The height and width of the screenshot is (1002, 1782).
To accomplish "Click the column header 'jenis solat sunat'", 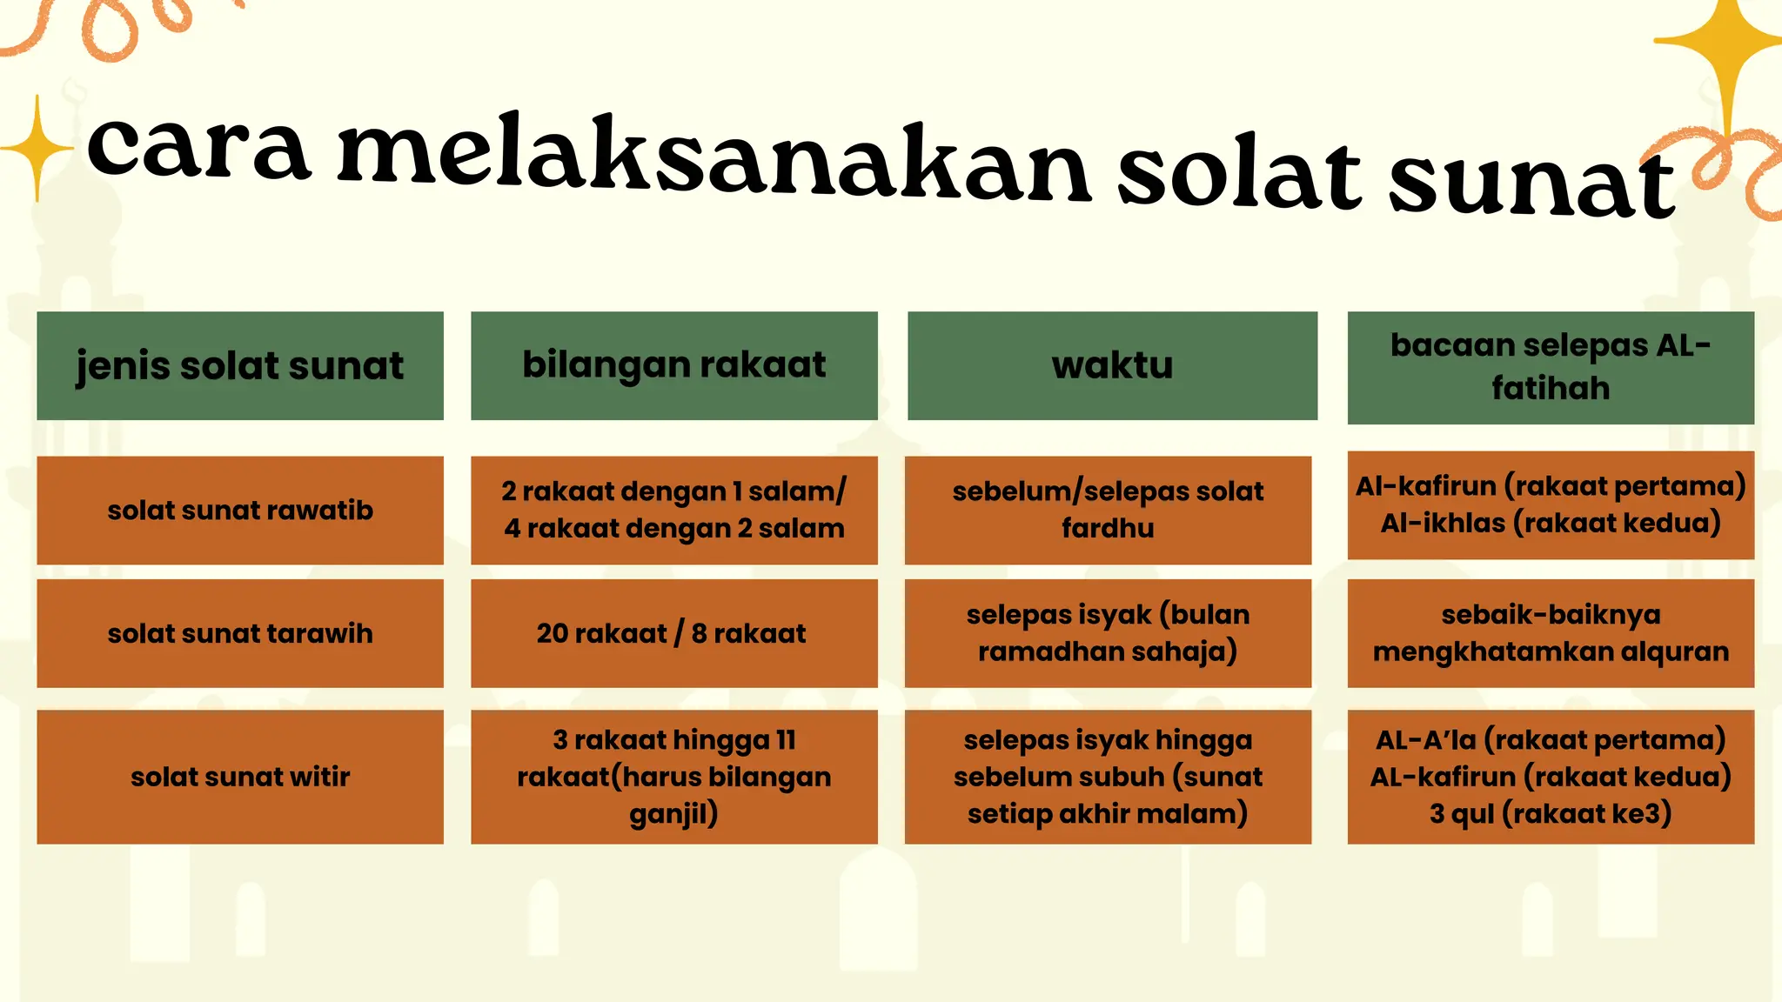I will tap(240, 365).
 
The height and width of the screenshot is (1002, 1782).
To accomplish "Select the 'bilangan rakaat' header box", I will tap(674, 365).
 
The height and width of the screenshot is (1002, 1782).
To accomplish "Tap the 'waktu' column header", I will tap(1112, 365).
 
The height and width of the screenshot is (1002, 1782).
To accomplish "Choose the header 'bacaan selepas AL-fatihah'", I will tap(1551, 367).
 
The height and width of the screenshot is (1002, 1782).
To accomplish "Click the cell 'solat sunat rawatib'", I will tap(240, 511).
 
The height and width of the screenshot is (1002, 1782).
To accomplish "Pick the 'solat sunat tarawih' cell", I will tap(240, 633).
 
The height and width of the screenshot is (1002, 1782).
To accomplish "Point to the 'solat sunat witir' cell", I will tap(240, 777).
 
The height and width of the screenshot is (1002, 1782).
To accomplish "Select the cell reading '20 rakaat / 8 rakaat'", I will tap(672, 633).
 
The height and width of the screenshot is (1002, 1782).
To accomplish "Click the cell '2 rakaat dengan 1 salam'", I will tap(674, 492).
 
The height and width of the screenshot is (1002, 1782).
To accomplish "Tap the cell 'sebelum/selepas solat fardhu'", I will tap(1108, 511).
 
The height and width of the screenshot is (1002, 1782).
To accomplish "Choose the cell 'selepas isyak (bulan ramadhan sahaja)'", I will tap(1108, 633).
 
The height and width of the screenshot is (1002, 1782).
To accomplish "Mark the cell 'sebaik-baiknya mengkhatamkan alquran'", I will tap(1551, 633).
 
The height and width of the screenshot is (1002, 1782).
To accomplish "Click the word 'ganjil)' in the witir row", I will tap(674, 814).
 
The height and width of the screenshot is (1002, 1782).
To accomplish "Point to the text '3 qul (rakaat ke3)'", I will tap(1551, 814).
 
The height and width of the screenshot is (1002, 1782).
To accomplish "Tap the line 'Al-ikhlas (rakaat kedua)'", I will tap(1551, 524).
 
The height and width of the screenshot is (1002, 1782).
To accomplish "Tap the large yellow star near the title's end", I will tap(1727, 43).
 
